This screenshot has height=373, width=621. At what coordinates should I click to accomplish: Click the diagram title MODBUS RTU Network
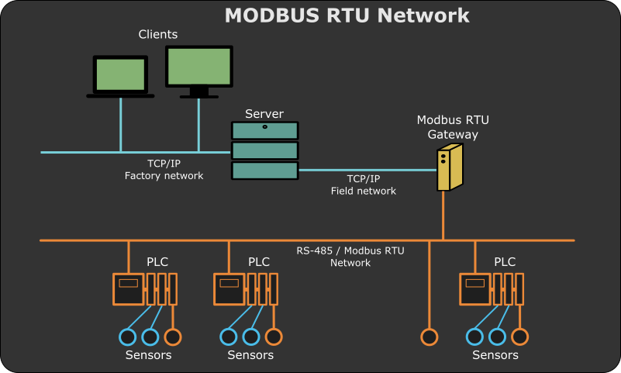pos(347,16)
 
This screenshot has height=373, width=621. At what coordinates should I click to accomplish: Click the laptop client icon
pos(120,76)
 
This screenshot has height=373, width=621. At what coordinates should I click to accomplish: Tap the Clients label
pos(158,35)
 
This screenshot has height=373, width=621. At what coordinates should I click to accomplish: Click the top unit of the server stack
pos(264,130)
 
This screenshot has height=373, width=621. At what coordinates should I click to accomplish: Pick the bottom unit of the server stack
pos(264,170)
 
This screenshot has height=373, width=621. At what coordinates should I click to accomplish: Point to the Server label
pos(264,114)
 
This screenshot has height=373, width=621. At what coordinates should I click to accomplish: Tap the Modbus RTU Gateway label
pos(453,127)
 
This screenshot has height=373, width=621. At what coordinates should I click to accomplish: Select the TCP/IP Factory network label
pos(164,170)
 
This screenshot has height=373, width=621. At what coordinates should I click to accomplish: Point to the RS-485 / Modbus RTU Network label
pos(350,257)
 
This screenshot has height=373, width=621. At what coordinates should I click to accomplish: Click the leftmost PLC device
pos(145,289)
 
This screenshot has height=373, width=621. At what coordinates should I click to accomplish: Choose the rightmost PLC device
pos(492,289)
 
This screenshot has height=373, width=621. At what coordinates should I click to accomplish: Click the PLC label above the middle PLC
pos(259,262)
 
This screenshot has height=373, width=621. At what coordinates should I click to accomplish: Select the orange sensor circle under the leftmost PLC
pos(173,337)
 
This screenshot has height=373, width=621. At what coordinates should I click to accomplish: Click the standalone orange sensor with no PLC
pos(429,337)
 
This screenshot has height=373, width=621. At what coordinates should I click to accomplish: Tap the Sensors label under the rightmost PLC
pos(495,355)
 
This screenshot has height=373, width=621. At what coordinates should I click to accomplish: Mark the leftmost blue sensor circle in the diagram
pos(127,337)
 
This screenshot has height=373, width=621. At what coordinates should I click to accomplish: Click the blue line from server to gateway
pos(364,170)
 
